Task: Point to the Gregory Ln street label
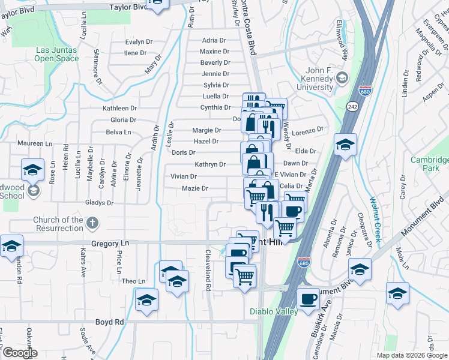(110, 244)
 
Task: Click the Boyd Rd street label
(110, 322)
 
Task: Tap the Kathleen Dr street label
(119, 109)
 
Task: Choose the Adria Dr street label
(214, 41)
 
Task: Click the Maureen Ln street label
(35, 144)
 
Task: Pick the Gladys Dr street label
(99, 203)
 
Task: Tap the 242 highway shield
(352, 106)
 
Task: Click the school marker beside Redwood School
(33, 170)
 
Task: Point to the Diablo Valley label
(274, 312)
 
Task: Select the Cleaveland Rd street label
(208, 271)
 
